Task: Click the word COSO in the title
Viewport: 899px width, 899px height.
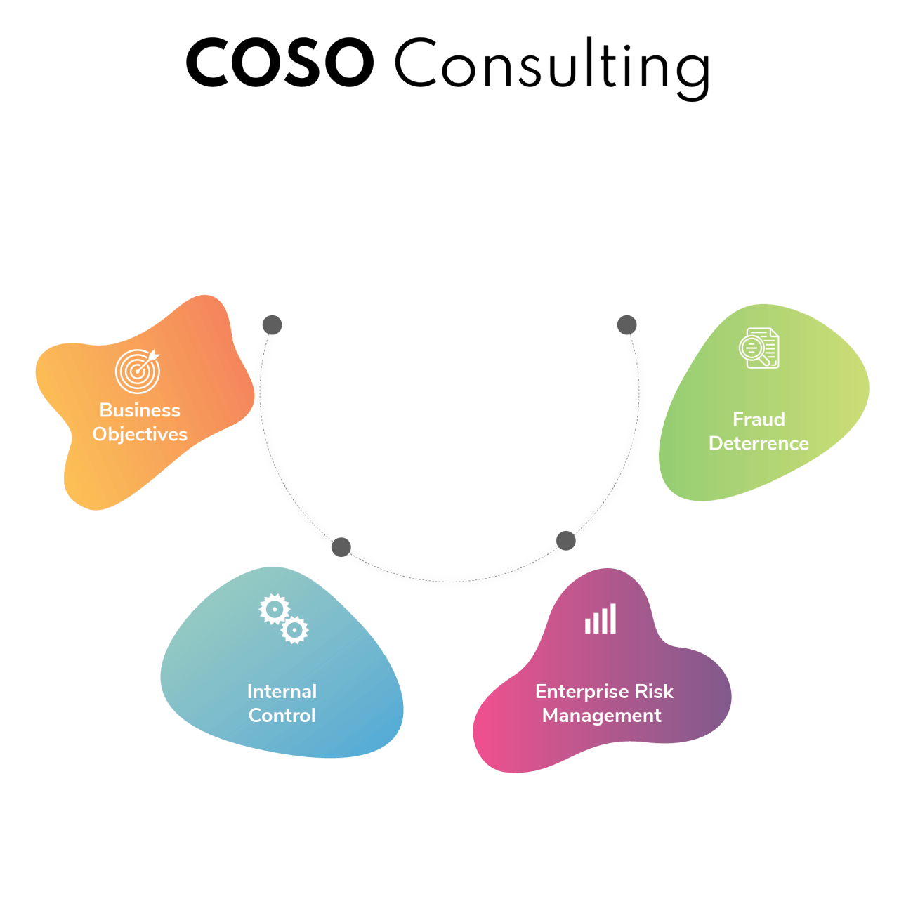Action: tap(280, 63)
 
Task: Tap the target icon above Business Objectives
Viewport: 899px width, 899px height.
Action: tap(138, 371)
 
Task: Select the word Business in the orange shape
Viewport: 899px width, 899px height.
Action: tap(140, 410)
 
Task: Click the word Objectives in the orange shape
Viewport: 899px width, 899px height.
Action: tap(140, 435)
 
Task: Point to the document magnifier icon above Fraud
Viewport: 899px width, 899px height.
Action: tap(759, 348)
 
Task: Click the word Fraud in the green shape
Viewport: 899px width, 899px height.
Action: tap(759, 419)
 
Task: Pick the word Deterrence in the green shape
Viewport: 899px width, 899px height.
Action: tap(759, 444)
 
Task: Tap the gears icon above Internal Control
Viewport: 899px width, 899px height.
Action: tap(284, 619)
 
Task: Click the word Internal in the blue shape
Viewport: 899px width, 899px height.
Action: tap(282, 692)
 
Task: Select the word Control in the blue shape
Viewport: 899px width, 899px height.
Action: tap(282, 716)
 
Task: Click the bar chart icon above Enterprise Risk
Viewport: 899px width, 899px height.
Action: tap(601, 619)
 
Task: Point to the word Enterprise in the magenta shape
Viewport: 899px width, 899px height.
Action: tap(582, 692)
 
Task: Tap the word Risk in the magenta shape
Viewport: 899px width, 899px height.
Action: tap(654, 692)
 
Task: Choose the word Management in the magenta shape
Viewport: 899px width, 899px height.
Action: tap(602, 716)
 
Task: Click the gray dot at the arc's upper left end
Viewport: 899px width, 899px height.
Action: tap(272, 325)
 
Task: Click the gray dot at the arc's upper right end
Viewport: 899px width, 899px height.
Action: tap(626, 325)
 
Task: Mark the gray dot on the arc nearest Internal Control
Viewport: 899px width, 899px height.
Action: tap(341, 546)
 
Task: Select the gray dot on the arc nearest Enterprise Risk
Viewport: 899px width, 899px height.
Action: tap(565, 540)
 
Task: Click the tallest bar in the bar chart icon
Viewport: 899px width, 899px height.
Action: tap(613, 619)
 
